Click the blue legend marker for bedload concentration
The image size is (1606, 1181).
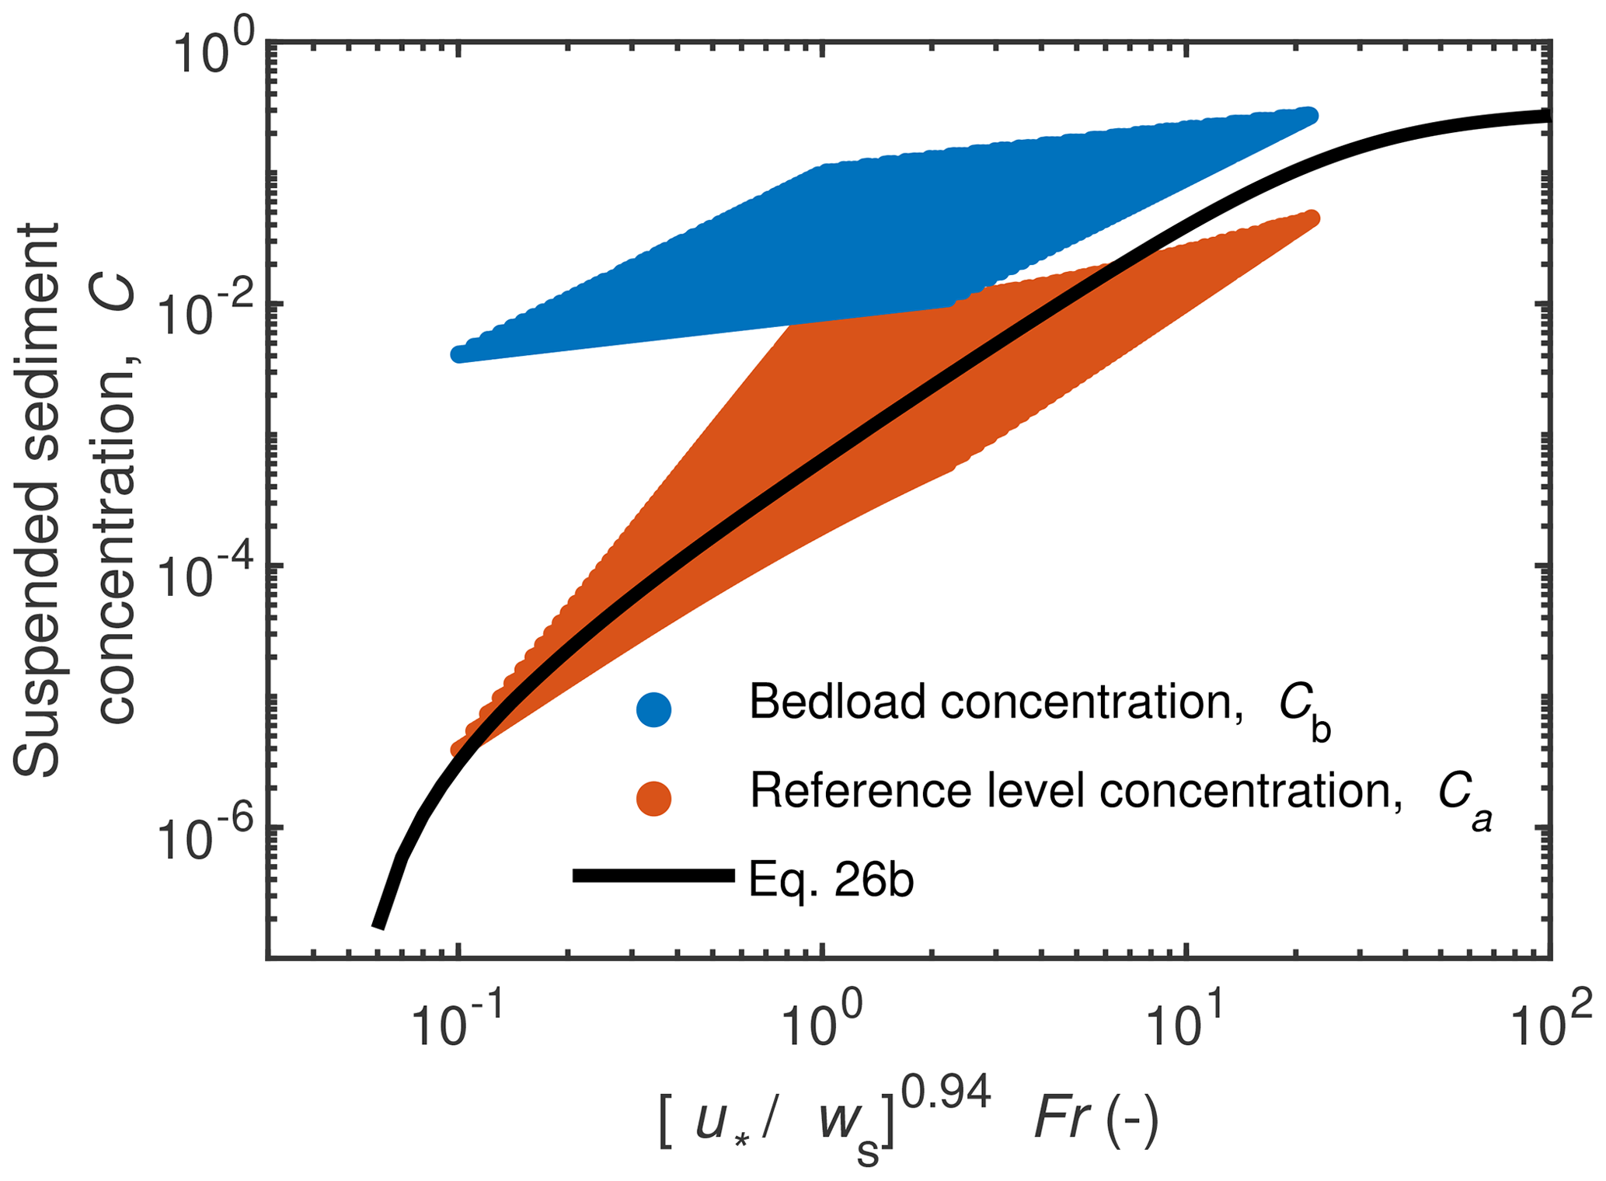coord(653,709)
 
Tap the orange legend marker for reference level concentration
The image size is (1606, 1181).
coord(653,798)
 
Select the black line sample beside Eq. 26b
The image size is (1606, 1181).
coord(653,876)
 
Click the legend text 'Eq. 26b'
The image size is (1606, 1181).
coord(831,880)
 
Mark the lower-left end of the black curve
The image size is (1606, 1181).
coord(378,924)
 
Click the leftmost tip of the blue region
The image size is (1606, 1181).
coord(458,354)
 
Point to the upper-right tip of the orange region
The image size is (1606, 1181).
coord(1312,218)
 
